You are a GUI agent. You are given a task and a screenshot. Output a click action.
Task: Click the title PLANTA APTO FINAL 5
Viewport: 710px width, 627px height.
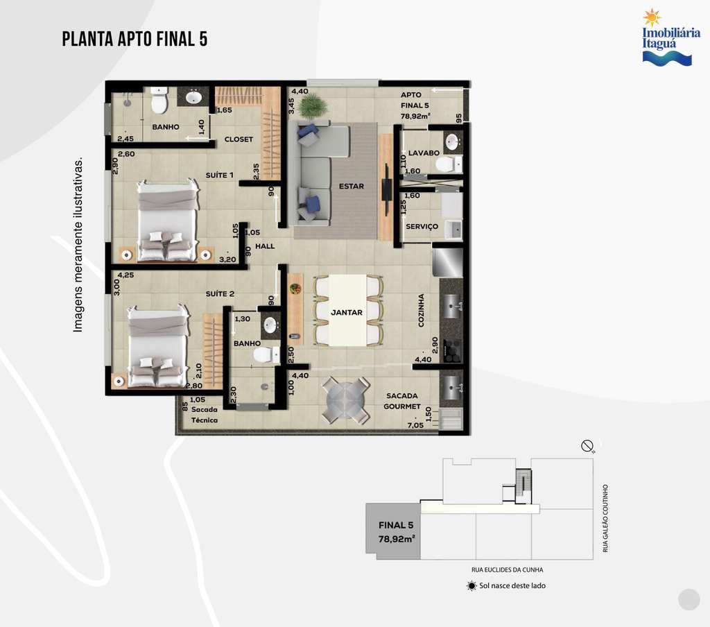[x=135, y=39]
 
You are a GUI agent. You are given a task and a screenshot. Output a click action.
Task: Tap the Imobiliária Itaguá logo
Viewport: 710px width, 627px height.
[x=671, y=37]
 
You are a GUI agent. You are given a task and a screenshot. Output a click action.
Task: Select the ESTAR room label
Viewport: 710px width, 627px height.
[x=352, y=186]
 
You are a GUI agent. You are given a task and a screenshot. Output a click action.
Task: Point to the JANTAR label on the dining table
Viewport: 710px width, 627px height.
[x=347, y=313]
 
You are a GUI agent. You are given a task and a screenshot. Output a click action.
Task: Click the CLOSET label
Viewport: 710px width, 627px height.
[x=239, y=139]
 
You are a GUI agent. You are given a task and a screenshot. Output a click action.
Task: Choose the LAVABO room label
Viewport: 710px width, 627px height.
[x=424, y=153]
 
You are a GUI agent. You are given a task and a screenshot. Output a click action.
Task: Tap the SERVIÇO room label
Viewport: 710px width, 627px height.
[x=422, y=227]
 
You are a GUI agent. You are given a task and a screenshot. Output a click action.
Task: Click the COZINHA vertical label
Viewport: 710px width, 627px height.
[x=421, y=310]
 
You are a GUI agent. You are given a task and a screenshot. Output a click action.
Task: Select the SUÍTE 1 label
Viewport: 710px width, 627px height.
[x=220, y=175]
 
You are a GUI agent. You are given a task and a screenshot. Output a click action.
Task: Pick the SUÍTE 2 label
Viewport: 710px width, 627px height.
[x=220, y=294]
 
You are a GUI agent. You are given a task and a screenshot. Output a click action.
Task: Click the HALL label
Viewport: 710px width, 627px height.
[x=265, y=246]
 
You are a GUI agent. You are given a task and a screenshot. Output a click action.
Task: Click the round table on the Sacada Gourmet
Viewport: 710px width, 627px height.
[x=346, y=400]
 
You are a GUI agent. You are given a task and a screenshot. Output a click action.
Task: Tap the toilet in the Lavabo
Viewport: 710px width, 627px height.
[x=449, y=164]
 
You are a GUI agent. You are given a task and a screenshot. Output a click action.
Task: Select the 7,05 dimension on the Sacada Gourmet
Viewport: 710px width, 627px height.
[x=415, y=425]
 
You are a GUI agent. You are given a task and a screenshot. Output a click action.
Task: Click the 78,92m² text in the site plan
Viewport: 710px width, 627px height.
[x=397, y=540]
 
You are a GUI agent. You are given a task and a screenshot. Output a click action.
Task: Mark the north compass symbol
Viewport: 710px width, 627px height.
[x=587, y=446]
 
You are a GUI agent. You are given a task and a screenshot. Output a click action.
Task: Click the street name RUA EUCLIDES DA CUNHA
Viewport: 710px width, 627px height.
[x=507, y=570]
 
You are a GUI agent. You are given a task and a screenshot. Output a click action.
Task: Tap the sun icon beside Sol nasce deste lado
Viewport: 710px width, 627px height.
[x=471, y=586]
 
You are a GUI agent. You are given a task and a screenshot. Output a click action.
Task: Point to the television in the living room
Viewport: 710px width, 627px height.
[x=386, y=189]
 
